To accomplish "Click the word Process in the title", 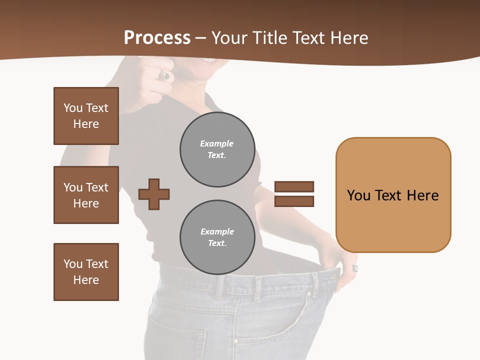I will [157, 38].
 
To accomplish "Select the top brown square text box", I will [86, 116].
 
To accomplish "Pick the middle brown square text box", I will [86, 195].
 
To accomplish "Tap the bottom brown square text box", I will [86, 272].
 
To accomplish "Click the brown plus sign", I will [154, 194].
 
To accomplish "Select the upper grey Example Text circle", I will [217, 149].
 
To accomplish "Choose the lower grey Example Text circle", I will [217, 237].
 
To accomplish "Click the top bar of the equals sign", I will [294, 187].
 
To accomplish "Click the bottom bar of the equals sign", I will [294, 201].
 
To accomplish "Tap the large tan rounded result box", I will [393, 195].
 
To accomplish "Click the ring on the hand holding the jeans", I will [355, 268].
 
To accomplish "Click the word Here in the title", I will [349, 38].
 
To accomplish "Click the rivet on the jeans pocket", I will [235, 342].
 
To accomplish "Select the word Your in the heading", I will [230, 38].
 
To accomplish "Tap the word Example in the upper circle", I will [217, 143].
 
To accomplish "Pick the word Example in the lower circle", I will [217, 231].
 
